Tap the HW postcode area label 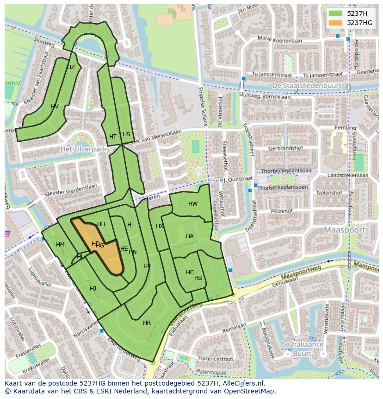point(193,204)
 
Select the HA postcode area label point(190,236)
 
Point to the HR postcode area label point(147,323)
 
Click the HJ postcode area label point(93,289)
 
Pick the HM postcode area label point(60,245)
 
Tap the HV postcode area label point(55,107)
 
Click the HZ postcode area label point(71,67)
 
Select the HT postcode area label point(113,137)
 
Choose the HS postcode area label point(126,134)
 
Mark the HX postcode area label point(160,226)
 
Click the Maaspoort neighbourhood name point(345,230)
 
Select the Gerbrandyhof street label point(287,149)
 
